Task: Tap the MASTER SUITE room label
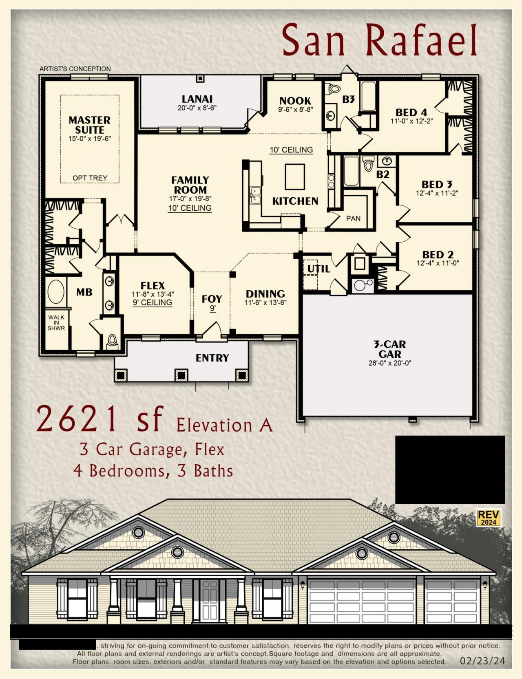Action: point(89,125)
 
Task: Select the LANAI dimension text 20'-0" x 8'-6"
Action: point(197,108)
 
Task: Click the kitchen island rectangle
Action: point(295,176)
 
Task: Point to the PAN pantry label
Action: point(353,218)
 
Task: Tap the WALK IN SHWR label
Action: point(56,322)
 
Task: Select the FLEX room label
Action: point(153,286)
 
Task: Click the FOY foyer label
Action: point(212,299)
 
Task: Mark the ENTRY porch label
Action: point(212,358)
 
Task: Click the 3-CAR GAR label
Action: point(390,349)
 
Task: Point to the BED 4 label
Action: point(411,112)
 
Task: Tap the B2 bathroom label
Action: point(383,174)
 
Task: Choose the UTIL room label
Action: point(319,269)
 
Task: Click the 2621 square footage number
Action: point(77,419)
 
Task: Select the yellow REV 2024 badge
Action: point(489,518)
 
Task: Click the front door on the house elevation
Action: point(210,601)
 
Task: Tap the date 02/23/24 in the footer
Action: point(482,661)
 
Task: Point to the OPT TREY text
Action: point(90,178)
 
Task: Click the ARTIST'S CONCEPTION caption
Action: point(75,69)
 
